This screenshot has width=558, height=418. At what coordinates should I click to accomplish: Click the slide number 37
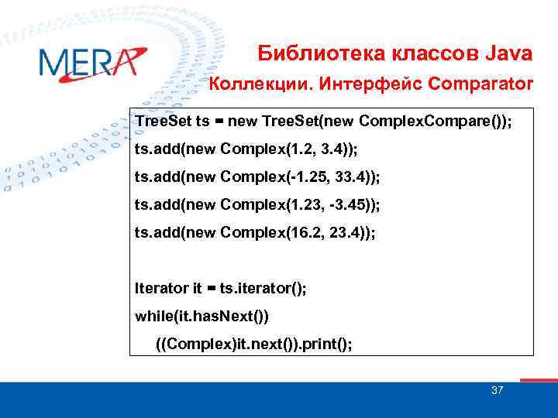tap(497, 390)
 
